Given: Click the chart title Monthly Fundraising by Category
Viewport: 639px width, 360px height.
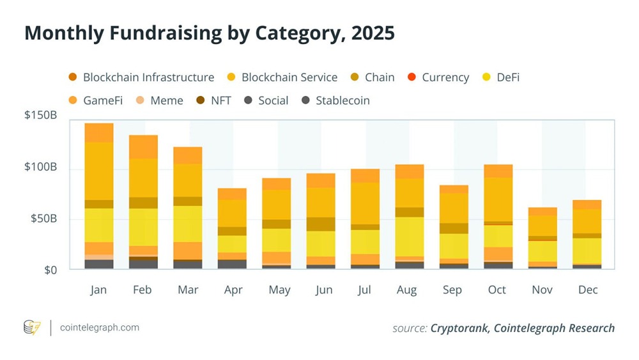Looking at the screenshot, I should pyautogui.click(x=209, y=33).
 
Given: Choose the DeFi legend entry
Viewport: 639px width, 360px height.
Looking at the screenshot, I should pyautogui.click(x=505, y=77).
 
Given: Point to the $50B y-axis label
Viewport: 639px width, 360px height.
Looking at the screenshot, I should pyautogui.click(x=44, y=219).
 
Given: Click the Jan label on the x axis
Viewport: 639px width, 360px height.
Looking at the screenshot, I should pyautogui.click(x=98, y=290).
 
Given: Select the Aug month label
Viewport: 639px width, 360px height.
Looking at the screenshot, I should pyautogui.click(x=406, y=290).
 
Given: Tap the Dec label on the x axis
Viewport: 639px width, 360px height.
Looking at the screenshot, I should pyautogui.click(x=587, y=290).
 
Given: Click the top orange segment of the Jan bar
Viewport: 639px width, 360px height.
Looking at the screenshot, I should pyautogui.click(x=99, y=132).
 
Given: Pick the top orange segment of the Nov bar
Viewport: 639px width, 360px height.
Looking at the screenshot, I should pyautogui.click(x=543, y=211).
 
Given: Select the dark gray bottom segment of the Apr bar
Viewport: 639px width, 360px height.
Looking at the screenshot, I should pyautogui.click(x=232, y=264).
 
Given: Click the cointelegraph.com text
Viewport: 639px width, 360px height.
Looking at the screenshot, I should pyautogui.click(x=99, y=327).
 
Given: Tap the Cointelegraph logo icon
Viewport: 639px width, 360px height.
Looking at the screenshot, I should pyautogui.click(x=32, y=327).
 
